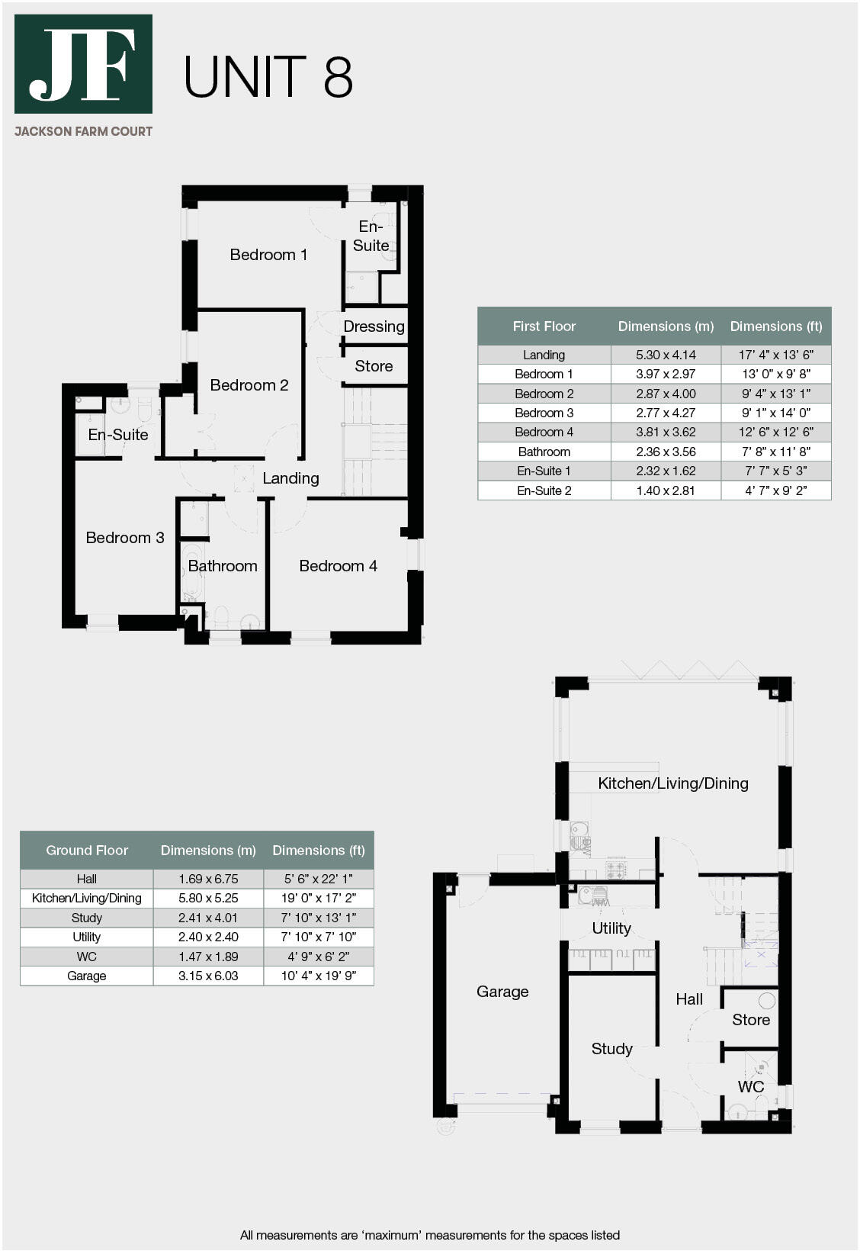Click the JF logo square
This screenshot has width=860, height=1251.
pos(83,64)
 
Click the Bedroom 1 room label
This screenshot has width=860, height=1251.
pos(268,255)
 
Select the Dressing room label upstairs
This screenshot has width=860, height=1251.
pos(374,326)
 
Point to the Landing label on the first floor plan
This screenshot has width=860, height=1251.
pos(290,478)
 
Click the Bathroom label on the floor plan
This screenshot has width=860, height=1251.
pos(223,566)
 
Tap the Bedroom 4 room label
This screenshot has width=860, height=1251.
pos(338,566)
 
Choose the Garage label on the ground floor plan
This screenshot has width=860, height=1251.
pos(502,992)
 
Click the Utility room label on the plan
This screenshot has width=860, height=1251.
pos(611,928)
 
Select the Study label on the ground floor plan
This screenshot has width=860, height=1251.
pos(611,1049)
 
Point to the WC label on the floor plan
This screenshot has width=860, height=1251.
pos(750,1087)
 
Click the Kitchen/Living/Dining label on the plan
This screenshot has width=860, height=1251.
pos(672,783)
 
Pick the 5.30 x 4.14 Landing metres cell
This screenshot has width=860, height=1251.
pos(666,355)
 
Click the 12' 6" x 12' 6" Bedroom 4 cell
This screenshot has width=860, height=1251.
pos(775,433)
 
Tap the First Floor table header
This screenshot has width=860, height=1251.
pos(544,326)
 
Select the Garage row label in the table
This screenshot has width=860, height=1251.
pos(86,976)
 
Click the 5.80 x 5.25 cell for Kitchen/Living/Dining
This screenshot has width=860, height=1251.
pos(208,899)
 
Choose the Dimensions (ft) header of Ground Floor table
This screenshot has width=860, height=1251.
pos(318,851)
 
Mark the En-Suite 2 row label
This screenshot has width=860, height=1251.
pos(544,490)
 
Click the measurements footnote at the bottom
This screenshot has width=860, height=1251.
pos(429,1235)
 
